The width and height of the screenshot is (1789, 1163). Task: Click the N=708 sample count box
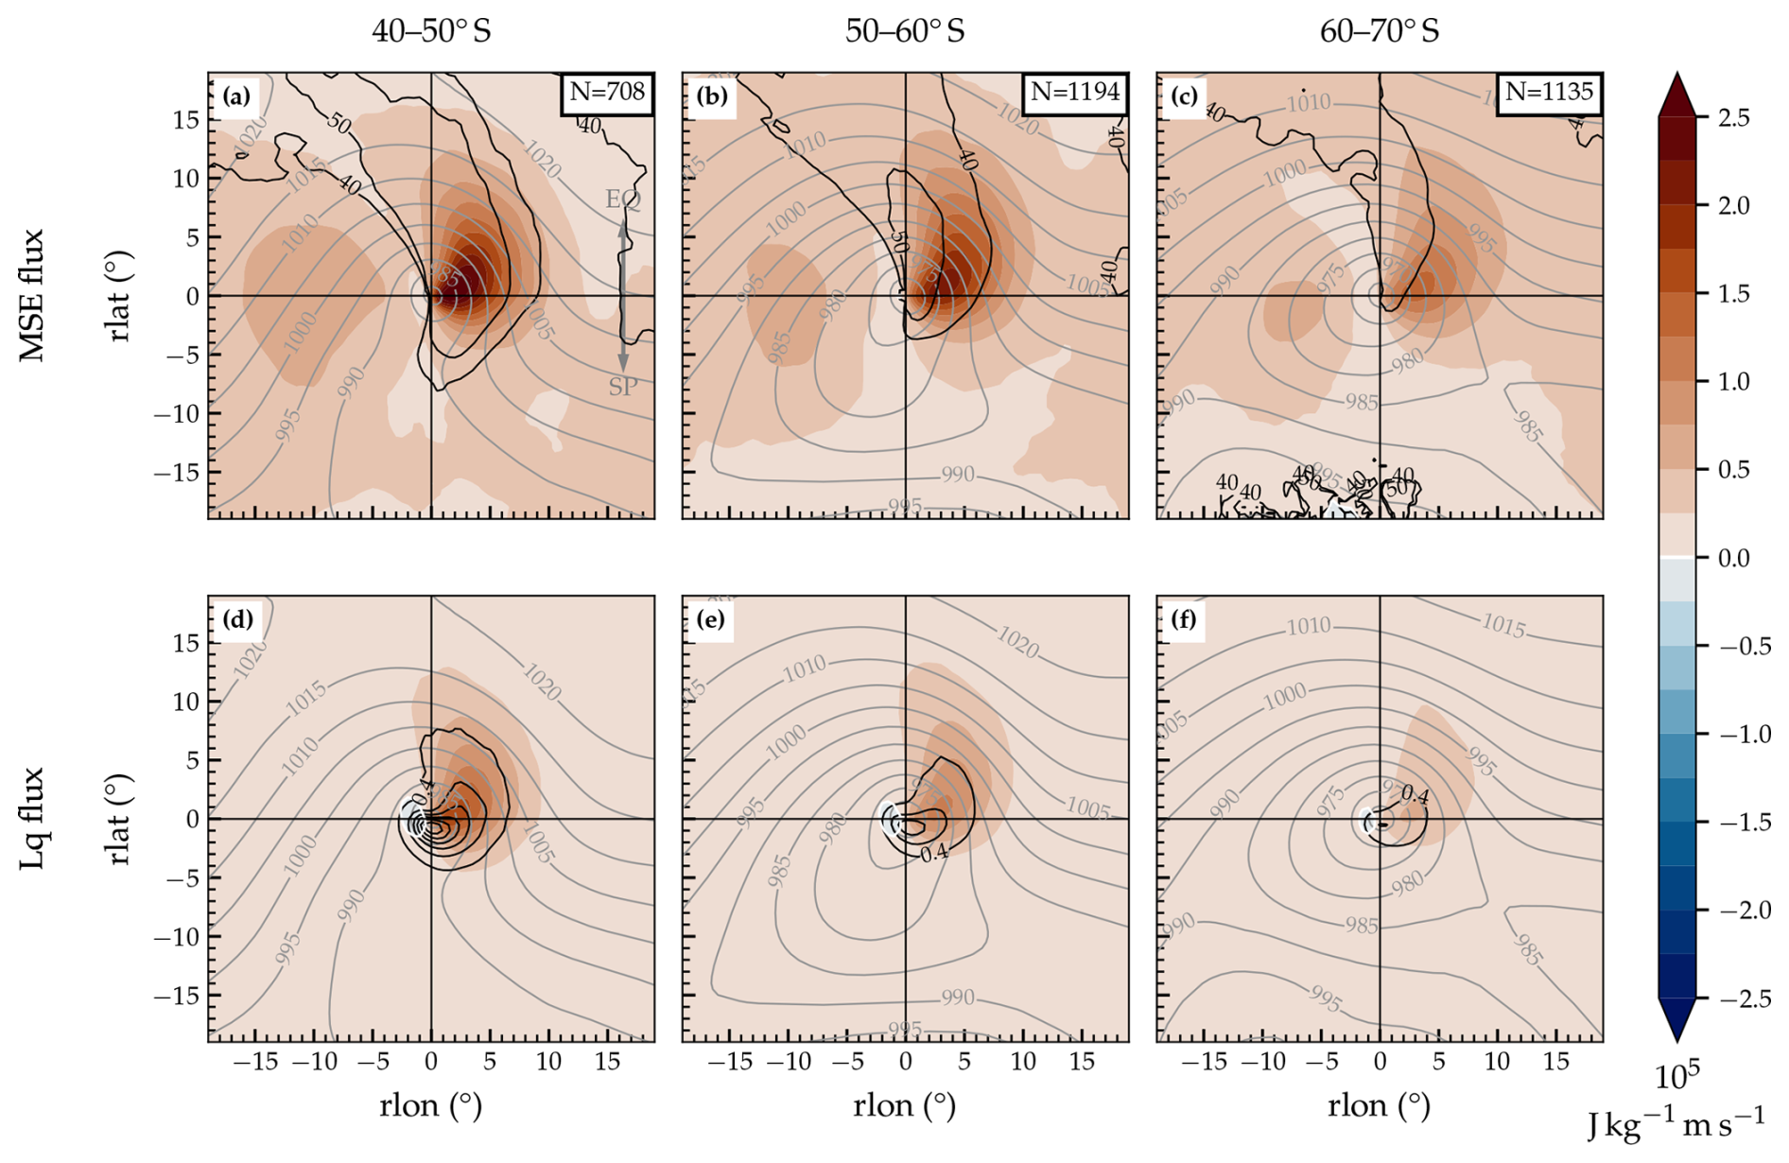pyautogui.click(x=606, y=93)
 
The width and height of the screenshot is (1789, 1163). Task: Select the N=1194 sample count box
pyautogui.click(x=1075, y=93)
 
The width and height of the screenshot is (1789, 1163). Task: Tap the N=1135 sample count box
pyautogui.click(x=1549, y=93)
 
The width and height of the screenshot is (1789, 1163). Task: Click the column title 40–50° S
pyautogui.click(x=431, y=31)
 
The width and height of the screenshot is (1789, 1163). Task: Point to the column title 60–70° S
pyautogui.click(x=1380, y=31)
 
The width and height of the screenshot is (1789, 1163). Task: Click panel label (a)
pyautogui.click(x=236, y=95)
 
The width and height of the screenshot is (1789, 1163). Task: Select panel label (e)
pyautogui.click(x=710, y=619)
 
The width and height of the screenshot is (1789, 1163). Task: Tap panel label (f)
pyautogui.click(x=1184, y=619)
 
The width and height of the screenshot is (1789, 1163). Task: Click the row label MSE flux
pyautogui.click(x=33, y=295)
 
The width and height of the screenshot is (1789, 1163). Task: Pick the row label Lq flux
pyautogui.click(x=33, y=819)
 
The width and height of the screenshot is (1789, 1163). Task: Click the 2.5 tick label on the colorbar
pyautogui.click(x=1733, y=118)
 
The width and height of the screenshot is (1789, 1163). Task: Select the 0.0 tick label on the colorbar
pyautogui.click(x=1733, y=558)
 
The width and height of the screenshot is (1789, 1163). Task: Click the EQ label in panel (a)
pyautogui.click(x=623, y=200)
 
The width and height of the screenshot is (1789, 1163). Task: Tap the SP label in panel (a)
pyautogui.click(x=623, y=386)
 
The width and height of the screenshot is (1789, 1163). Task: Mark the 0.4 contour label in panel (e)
pyautogui.click(x=934, y=853)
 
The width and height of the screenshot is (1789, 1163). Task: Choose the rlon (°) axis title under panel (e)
pyautogui.click(x=905, y=1105)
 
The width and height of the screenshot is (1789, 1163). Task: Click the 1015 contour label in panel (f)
pyautogui.click(x=1502, y=625)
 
